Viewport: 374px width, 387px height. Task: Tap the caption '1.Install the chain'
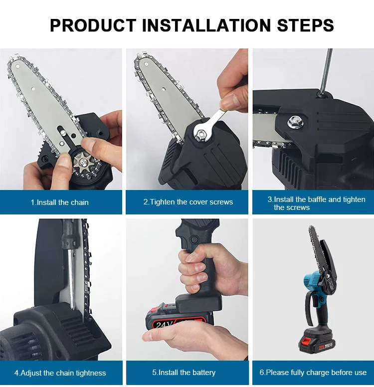pyautogui.click(x=59, y=202)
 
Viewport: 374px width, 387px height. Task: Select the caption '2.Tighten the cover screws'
pyautogui.click(x=188, y=202)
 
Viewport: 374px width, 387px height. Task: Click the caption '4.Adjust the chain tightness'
pyautogui.click(x=60, y=373)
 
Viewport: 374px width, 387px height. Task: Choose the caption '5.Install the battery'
pyautogui.click(x=184, y=373)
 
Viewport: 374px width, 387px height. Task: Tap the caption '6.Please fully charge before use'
pyautogui.click(x=313, y=373)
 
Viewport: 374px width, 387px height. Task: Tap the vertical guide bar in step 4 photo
pyautogui.click(x=73, y=279)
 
